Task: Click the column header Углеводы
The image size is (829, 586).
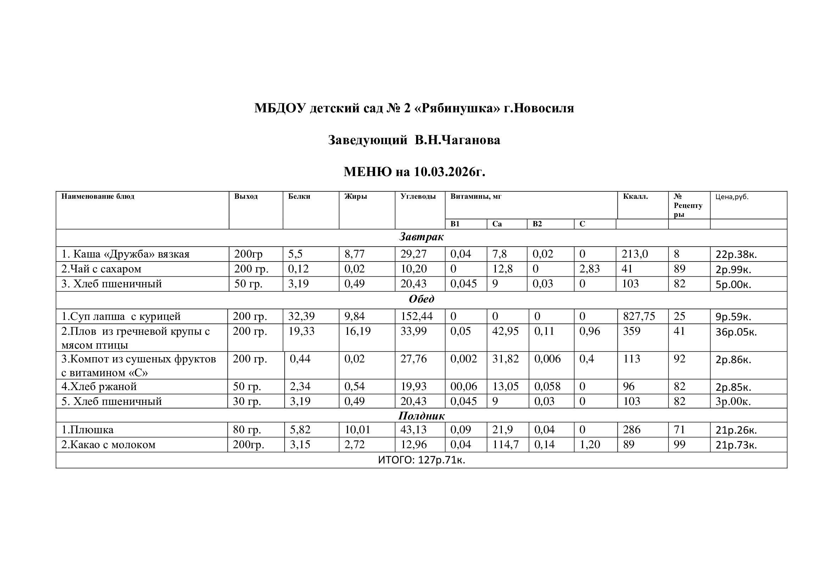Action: [418, 197]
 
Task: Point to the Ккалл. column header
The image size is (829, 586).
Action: [635, 197]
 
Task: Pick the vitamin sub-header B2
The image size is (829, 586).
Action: [537, 224]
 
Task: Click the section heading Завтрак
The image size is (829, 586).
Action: [421, 237]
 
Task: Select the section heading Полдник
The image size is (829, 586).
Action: [421, 416]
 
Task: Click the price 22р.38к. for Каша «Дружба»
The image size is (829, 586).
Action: [736, 255]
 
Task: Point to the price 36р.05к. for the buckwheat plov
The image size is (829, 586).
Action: [736, 332]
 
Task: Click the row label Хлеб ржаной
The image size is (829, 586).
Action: [99, 387]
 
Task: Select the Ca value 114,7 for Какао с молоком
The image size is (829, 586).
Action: [505, 445]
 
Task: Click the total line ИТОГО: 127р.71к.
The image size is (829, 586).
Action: [421, 460]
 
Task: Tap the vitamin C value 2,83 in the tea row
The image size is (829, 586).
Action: [589, 269]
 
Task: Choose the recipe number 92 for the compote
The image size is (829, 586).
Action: [679, 359]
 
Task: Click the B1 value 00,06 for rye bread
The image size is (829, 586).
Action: [463, 387]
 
